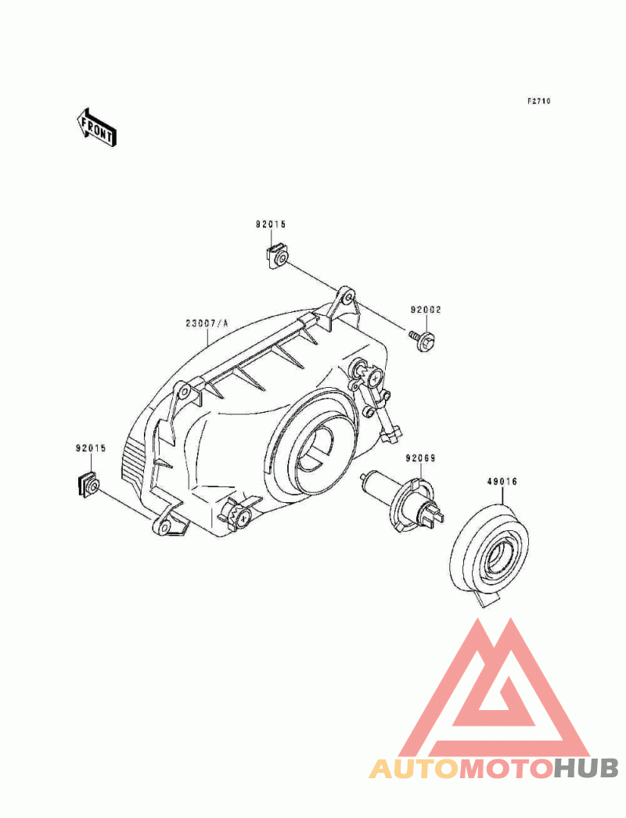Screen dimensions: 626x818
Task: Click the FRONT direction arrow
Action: [x=96, y=127]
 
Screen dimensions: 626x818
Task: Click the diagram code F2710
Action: [x=538, y=101]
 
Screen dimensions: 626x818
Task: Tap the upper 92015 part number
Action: [x=271, y=225]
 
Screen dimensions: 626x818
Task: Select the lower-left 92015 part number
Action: [x=91, y=448]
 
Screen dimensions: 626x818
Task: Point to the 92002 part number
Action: [x=426, y=310]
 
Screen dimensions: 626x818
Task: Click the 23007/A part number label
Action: [x=207, y=324]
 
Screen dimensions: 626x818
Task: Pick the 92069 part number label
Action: [x=421, y=458]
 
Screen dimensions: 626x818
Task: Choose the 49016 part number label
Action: [x=502, y=482]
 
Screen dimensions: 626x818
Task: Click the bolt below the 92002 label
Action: [x=423, y=339]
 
